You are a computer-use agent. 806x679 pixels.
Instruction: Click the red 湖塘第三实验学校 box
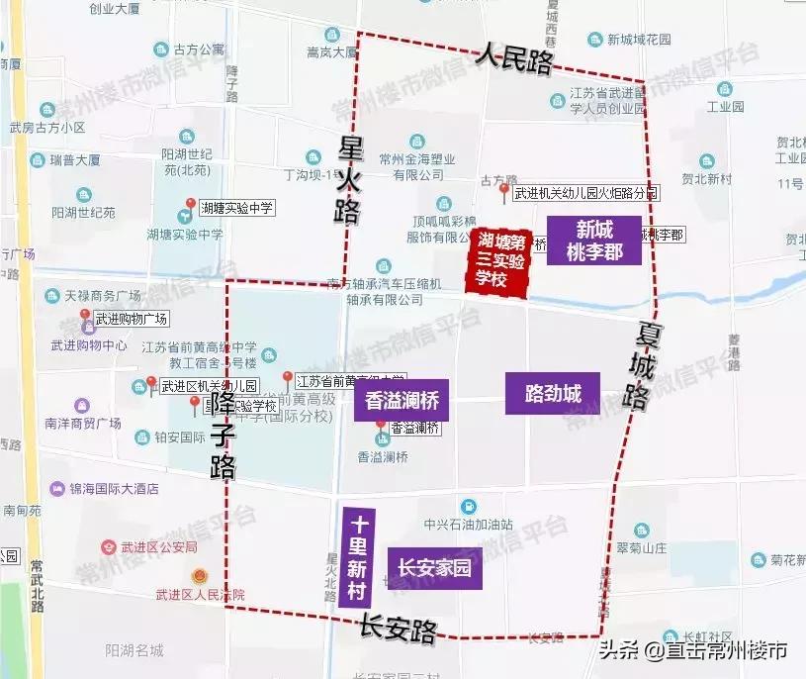(x=498, y=260)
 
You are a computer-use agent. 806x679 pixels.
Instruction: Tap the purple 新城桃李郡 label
(x=595, y=241)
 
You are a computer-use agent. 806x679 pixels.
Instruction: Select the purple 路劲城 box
(x=553, y=393)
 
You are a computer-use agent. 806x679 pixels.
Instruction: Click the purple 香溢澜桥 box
(x=402, y=403)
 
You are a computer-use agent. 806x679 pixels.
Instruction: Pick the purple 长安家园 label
(x=434, y=569)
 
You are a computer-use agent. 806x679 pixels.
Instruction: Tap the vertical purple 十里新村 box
(x=359, y=560)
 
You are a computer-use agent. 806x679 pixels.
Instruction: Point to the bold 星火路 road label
(x=350, y=179)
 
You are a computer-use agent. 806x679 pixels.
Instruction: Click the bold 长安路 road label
(x=398, y=628)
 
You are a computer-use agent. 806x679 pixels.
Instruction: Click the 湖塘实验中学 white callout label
(x=236, y=208)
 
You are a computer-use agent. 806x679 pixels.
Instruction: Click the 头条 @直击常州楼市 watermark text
(x=692, y=650)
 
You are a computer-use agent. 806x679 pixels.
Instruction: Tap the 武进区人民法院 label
(x=200, y=594)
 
